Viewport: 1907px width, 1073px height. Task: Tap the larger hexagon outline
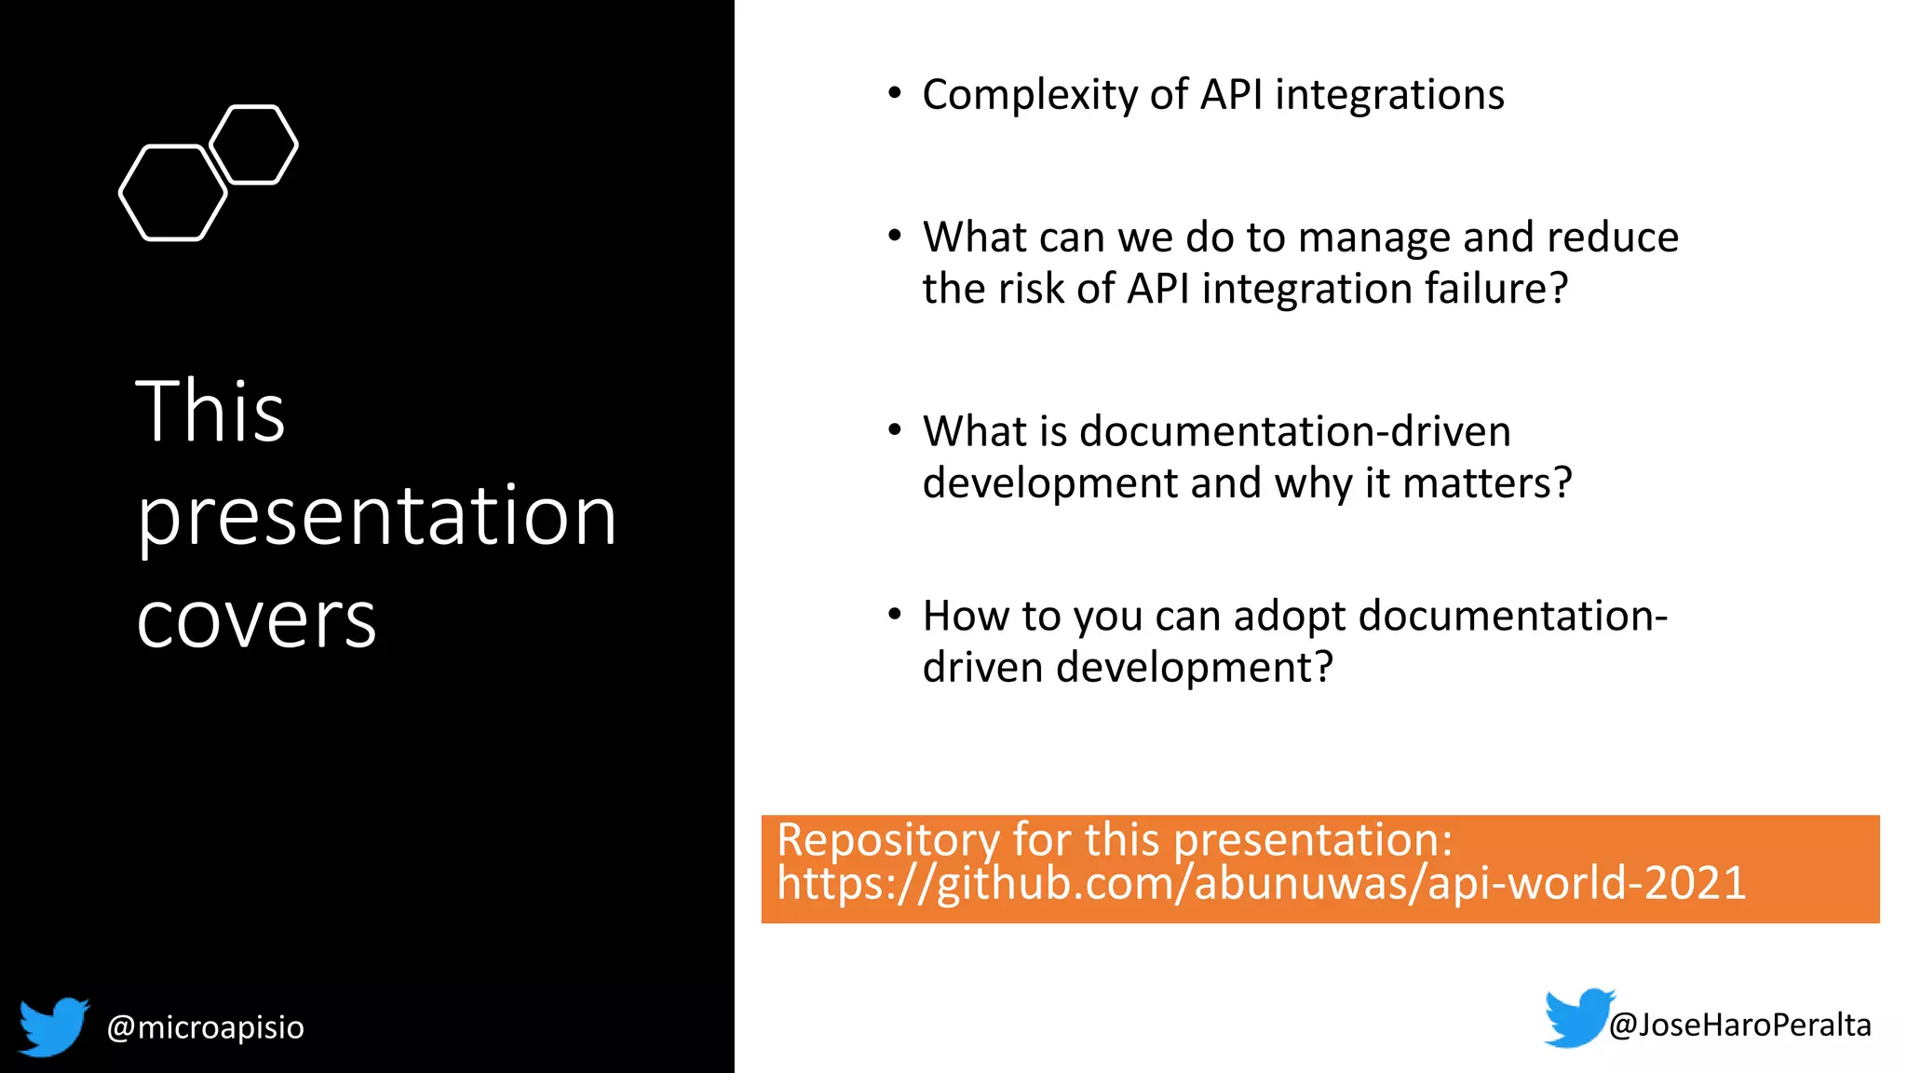click(173, 193)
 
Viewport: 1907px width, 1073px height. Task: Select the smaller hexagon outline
click(253, 144)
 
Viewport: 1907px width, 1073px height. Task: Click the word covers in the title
click(256, 619)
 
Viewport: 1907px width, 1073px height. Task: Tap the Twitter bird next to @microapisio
click(53, 1025)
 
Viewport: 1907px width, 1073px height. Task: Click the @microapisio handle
click(206, 1026)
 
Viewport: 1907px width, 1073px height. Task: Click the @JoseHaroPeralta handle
click(1740, 1025)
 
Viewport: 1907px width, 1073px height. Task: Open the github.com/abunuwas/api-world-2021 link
click(1262, 883)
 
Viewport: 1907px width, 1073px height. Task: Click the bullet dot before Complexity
click(895, 93)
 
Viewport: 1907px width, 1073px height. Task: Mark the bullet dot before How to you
click(895, 615)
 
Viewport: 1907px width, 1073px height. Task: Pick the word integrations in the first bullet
click(1389, 96)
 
